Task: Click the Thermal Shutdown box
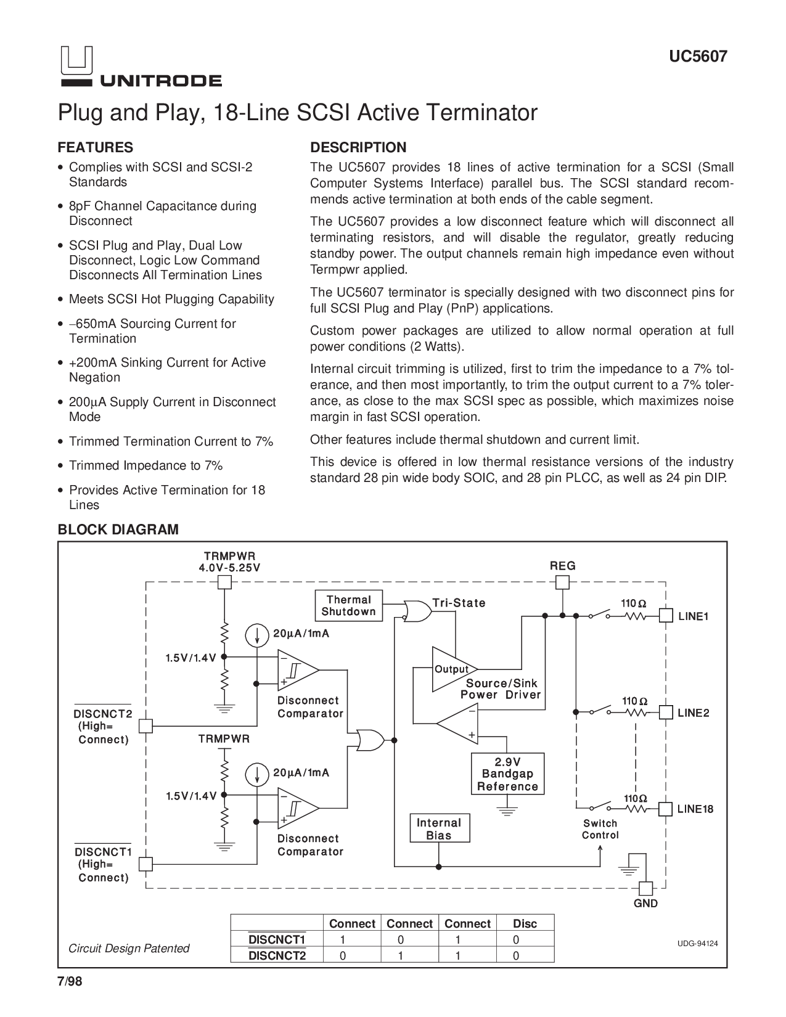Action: pyautogui.click(x=349, y=606)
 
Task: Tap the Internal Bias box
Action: pyautogui.click(x=440, y=828)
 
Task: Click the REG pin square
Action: pyautogui.click(x=562, y=582)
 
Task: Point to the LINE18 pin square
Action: pyautogui.click(x=665, y=809)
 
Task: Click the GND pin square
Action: pyautogui.click(x=645, y=889)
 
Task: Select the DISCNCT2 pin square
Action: pyautogui.click(x=145, y=726)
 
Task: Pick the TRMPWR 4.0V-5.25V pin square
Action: pyautogui.click(x=225, y=582)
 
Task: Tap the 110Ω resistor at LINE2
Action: pyautogui.click(x=636, y=713)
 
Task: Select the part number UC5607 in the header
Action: pyautogui.click(x=698, y=57)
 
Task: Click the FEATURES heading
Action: pyautogui.click(x=96, y=147)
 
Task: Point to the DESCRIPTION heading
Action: pyautogui.click(x=358, y=147)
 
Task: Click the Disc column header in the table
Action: pyautogui.click(x=525, y=923)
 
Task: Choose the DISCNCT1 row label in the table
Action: pyautogui.click(x=277, y=940)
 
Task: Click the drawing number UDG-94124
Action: pyautogui.click(x=697, y=944)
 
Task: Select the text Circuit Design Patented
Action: pyautogui.click(x=129, y=949)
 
